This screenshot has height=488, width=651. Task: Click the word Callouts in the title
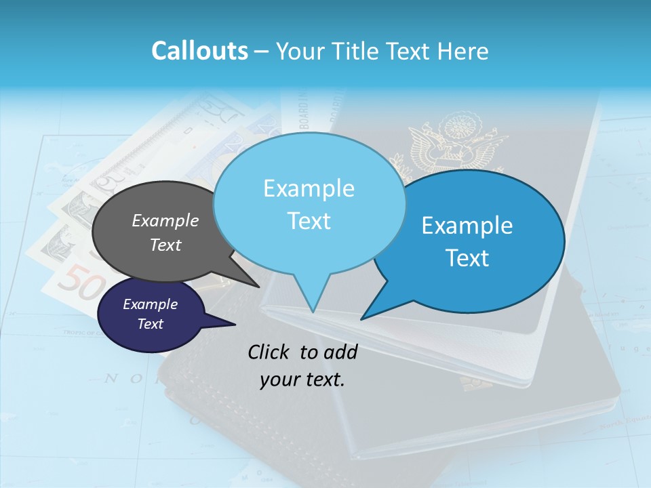click(199, 51)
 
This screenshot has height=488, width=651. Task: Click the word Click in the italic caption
click(270, 352)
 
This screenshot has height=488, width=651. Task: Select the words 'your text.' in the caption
click(302, 380)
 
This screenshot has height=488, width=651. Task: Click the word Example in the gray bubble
click(165, 220)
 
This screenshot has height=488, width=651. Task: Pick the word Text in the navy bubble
click(151, 324)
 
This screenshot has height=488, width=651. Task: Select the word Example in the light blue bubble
click(309, 188)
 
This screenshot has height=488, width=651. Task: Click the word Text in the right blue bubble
click(468, 258)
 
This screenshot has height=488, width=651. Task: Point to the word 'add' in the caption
click(340, 352)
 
